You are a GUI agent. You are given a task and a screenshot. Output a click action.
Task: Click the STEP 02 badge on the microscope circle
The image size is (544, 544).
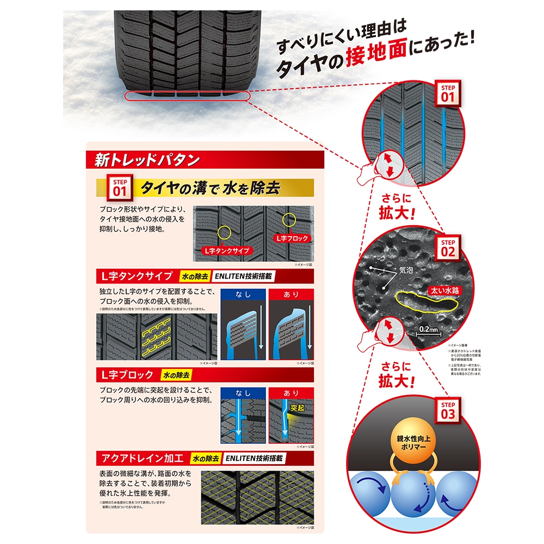pyautogui.click(x=448, y=248)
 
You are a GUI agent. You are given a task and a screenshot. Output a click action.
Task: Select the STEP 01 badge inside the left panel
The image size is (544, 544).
pyautogui.click(x=120, y=188)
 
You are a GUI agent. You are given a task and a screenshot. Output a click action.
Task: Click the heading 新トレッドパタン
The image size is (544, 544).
pyautogui.click(x=147, y=160)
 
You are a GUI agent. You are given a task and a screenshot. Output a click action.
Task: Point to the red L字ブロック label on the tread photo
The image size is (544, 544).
pyautogui.click(x=292, y=238)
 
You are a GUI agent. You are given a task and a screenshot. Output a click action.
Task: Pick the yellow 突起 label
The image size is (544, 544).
pyautogui.click(x=297, y=407)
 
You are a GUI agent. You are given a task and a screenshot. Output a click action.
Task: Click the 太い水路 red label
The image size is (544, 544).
pyautogui.click(x=443, y=290)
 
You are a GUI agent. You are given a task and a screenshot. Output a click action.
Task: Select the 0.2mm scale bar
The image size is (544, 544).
pyautogui.click(x=429, y=332)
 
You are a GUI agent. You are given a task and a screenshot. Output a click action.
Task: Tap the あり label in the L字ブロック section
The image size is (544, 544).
pyautogui.click(x=292, y=393)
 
